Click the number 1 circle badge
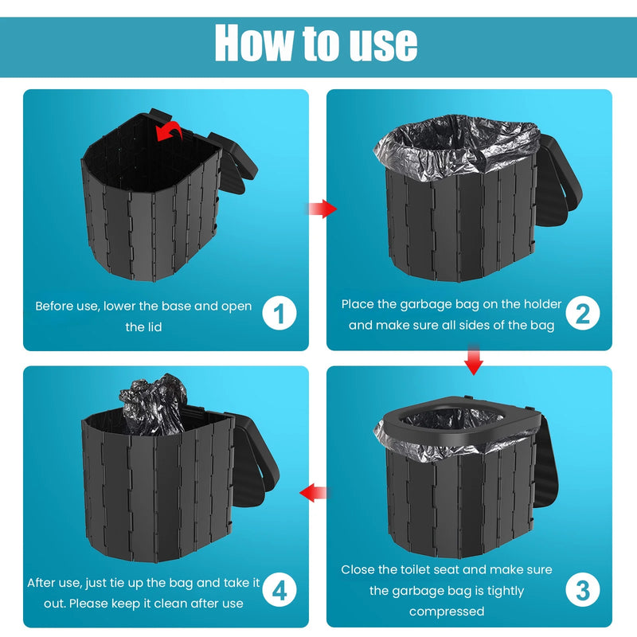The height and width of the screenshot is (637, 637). (x=279, y=314)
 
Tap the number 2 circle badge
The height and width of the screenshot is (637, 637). (x=582, y=314)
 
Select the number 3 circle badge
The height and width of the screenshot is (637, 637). (x=582, y=591)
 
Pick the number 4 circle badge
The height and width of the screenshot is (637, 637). (x=279, y=591)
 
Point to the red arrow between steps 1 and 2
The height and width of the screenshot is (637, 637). (x=321, y=209)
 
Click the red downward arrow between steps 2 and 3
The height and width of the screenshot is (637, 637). (x=474, y=360)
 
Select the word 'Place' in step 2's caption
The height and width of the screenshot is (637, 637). (x=359, y=304)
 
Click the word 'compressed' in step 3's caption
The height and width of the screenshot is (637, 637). (x=446, y=612)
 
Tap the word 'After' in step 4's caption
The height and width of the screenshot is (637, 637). (x=42, y=583)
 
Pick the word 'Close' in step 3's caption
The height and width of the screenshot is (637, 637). (x=360, y=570)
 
